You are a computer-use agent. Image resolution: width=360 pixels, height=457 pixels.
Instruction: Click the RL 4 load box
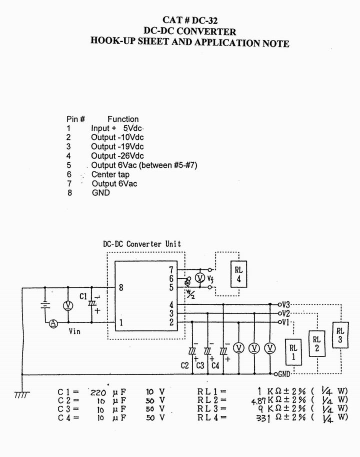pos(238,274)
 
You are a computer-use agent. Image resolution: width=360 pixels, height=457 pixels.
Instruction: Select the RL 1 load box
pos(293,352)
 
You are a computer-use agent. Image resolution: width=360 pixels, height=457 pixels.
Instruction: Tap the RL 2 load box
pos(317,343)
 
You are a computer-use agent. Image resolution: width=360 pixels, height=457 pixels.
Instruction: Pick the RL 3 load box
pos(340,335)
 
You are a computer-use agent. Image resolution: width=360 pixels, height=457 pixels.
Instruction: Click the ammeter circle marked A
pos(53,323)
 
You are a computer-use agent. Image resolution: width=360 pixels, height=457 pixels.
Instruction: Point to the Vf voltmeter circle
pos(200,278)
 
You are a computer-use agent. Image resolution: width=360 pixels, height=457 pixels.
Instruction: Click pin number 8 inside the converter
pos(121,287)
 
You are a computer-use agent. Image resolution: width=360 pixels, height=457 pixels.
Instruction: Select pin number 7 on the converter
pos(171,270)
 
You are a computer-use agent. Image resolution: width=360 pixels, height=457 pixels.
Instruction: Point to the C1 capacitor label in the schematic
pos(83,296)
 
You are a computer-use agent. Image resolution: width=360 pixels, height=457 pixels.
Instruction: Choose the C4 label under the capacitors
pos(215,365)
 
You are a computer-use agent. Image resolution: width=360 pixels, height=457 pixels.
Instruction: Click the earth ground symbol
pos(22,394)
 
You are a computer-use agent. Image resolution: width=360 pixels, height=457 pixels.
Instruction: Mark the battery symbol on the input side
pos(45,304)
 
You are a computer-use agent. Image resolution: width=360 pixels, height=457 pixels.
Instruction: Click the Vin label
pos(74,331)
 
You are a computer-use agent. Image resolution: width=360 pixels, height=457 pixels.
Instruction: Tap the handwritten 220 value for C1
pos(98,392)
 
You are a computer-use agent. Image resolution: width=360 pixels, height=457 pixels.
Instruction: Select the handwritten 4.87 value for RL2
pos(258,401)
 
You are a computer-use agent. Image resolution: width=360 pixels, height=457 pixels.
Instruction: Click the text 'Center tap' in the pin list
pos(110,174)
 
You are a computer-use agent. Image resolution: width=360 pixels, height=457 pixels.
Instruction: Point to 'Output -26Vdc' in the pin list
pos(117,155)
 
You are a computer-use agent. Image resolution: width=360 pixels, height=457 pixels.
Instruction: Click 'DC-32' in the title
pos(204,20)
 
